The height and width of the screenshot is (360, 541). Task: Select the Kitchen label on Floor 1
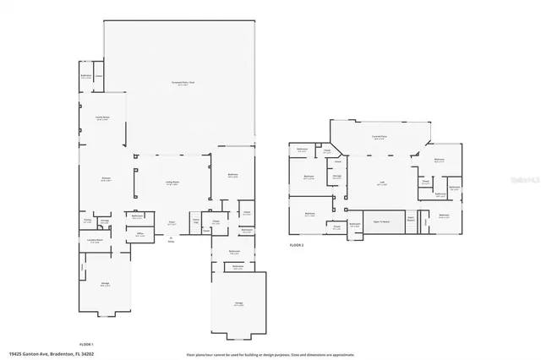107,179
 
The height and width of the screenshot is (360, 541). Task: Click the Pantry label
87,221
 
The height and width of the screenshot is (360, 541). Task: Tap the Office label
139,236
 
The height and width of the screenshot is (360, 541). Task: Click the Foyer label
171,223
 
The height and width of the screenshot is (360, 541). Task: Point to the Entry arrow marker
171,238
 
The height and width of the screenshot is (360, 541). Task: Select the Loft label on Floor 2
382,183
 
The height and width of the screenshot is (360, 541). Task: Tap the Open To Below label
381,221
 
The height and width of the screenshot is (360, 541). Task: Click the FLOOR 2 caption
296,243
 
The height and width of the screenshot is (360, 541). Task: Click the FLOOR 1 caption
86,344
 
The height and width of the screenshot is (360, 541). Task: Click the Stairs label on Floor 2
411,218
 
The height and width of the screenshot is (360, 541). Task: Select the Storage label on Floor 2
336,177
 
